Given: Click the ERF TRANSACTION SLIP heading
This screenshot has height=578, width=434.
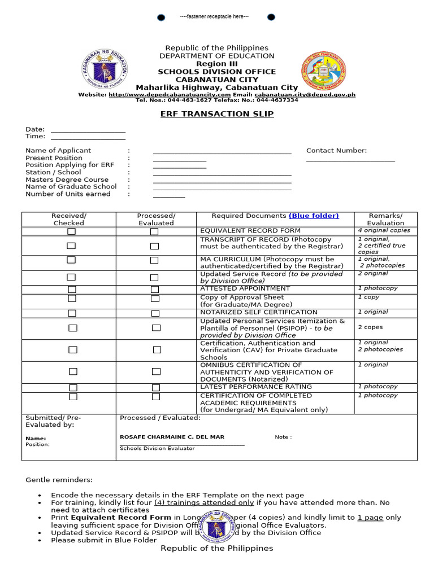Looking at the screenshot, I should click(217, 114).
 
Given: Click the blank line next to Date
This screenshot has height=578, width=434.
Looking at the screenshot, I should click(88, 132).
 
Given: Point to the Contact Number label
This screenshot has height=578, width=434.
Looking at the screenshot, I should click(336, 151).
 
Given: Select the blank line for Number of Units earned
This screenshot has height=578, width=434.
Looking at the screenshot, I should click(168, 196).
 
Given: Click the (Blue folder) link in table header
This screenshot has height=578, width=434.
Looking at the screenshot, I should click(314, 216).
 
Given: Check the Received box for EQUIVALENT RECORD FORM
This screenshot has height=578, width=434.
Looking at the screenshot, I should click(71, 231).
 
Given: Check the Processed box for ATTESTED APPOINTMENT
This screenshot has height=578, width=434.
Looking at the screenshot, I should click(154, 290).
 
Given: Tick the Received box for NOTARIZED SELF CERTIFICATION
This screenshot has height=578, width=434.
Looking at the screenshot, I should click(72, 313).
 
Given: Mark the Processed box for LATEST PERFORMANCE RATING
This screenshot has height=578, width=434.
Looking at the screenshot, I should click(155, 388).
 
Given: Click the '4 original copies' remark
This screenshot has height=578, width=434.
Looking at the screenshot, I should click(384, 230).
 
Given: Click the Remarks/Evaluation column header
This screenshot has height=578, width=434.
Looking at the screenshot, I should click(385, 219).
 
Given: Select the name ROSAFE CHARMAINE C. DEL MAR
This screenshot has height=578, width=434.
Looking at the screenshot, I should click(172, 437).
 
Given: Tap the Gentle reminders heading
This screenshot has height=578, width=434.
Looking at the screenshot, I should click(59, 480).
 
